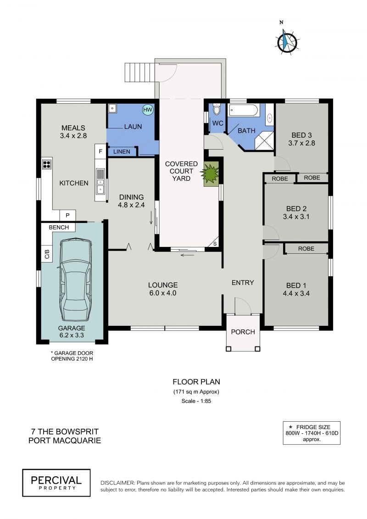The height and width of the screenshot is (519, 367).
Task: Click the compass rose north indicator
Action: (287, 40)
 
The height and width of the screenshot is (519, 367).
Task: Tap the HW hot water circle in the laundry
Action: (148, 110)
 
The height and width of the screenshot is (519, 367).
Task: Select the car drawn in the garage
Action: (75, 279)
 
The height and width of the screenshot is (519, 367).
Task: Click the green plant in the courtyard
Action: (211, 173)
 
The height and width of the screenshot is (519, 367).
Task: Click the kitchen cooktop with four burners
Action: (47, 164)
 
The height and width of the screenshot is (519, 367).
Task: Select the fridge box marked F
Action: (100, 151)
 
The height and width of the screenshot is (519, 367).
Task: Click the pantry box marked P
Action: (67, 216)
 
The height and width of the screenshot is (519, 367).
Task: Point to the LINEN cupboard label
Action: (122, 151)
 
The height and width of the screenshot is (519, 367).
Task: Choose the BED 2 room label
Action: (296, 209)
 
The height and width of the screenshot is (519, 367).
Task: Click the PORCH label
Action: (243, 332)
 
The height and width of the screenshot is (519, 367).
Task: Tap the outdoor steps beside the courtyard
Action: (140, 72)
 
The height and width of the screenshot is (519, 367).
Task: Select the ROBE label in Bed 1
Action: (306, 249)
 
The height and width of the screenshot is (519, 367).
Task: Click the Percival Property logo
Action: (56, 483)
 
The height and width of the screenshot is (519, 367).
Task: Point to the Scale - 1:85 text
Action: (196, 401)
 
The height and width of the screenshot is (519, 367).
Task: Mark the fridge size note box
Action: (312, 433)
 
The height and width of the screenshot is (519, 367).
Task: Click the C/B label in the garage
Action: (47, 254)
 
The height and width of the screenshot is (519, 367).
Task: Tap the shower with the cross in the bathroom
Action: (264, 141)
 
